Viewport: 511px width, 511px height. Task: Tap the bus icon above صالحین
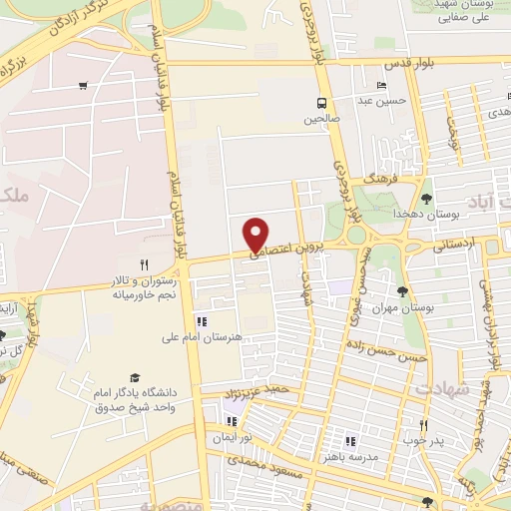[x=321, y=103]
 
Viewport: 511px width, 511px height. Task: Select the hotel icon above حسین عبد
[x=381, y=85]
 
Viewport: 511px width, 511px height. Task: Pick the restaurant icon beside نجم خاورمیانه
[x=144, y=264]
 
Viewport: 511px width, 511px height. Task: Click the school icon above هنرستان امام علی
[x=202, y=322]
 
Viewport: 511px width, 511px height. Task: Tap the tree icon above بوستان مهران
[x=401, y=292]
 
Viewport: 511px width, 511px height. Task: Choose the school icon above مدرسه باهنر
[x=349, y=440]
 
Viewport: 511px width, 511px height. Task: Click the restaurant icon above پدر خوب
[x=424, y=426]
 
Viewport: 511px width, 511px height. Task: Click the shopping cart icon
[x=82, y=86]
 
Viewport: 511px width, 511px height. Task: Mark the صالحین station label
[x=321, y=119]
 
